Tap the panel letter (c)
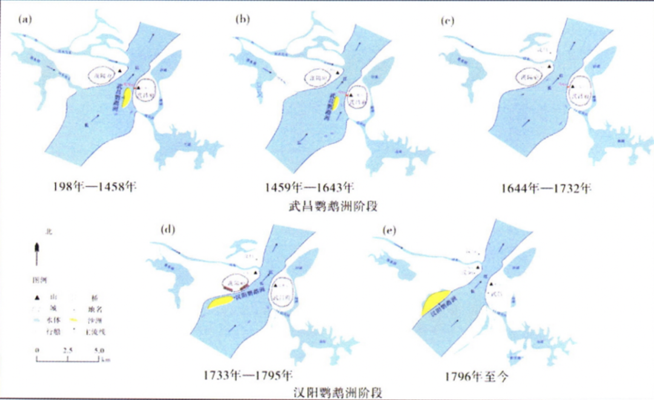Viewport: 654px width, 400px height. coord(449,21)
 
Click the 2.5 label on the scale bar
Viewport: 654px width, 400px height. coord(68,350)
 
